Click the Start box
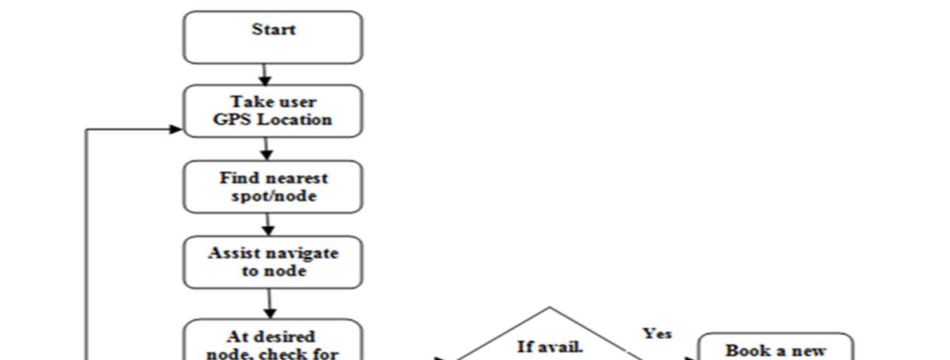click(x=273, y=37)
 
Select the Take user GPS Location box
click(x=273, y=111)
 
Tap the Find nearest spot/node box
click(x=273, y=187)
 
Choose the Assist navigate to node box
click(x=273, y=262)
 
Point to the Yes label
click(x=657, y=334)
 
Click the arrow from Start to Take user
click(x=264, y=74)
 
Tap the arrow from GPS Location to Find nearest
click(x=266, y=149)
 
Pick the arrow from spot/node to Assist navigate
click(x=268, y=224)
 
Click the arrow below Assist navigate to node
click(x=269, y=304)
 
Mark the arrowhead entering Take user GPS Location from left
click(x=176, y=129)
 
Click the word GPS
click(x=229, y=120)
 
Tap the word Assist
click(x=231, y=253)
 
